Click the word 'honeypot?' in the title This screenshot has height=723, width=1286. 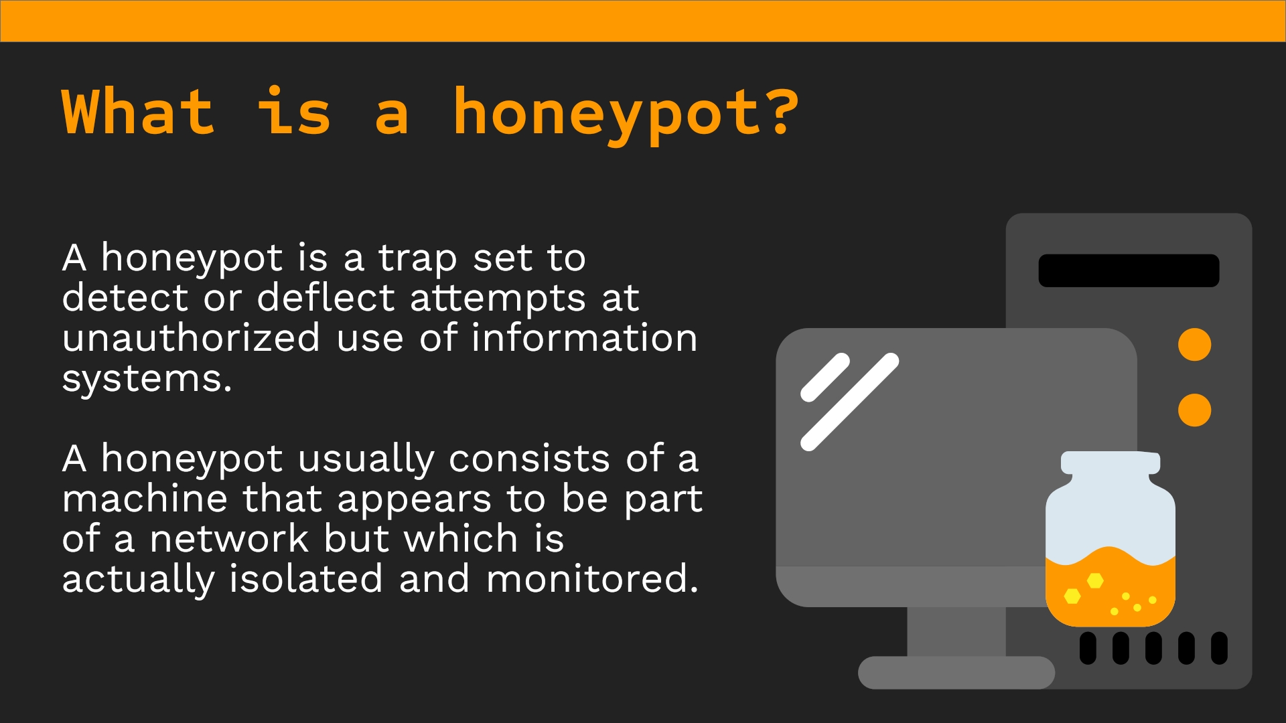click(x=626, y=114)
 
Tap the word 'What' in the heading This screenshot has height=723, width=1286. click(x=139, y=111)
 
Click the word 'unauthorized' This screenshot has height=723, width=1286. click(x=191, y=337)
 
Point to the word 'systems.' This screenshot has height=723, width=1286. click(x=147, y=380)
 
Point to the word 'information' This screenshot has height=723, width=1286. click(x=584, y=337)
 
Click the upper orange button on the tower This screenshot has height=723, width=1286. click(x=1194, y=345)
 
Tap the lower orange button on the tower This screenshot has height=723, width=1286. click(x=1194, y=410)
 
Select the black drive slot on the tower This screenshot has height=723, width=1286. click(x=1129, y=270)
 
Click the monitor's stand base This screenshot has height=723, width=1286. click(x=956, y=672)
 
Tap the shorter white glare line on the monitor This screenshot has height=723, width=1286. click(x=825, y=378)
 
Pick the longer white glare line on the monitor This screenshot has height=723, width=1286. click(x=850, y=402)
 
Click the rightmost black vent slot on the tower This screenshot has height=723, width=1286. click(x=1219, y=648)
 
